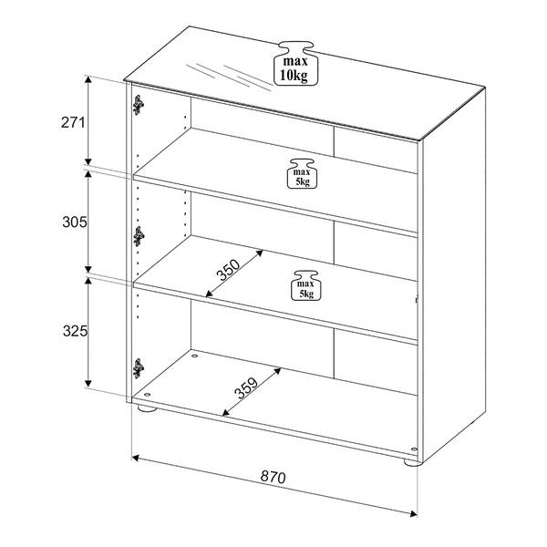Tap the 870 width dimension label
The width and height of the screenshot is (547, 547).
274,476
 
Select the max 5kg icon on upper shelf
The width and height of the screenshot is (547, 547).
302,173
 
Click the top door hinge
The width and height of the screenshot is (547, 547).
137,106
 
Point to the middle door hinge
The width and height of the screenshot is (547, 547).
137,236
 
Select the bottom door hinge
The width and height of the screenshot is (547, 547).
137,366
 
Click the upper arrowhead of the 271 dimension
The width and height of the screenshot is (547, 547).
88,77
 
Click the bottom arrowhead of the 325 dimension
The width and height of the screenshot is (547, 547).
88,387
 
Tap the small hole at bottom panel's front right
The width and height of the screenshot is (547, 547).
413,449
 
